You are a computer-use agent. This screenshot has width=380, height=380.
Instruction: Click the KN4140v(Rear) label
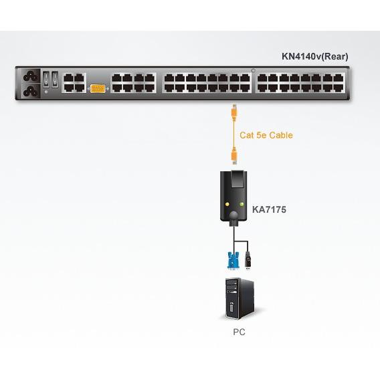315,56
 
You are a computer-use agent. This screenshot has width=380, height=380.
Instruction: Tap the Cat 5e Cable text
266,135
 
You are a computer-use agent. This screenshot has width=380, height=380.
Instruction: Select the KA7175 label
269,209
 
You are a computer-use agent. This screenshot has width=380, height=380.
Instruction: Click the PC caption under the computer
239,332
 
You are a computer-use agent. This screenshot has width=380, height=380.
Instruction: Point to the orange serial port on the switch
98,89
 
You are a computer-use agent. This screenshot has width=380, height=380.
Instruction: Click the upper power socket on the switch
31,76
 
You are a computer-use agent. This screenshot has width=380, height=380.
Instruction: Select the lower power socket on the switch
31,91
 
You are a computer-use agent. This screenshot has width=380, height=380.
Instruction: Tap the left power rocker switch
46,79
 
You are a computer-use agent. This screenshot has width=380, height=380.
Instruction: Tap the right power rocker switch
55,79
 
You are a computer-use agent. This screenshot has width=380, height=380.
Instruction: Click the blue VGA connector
233,260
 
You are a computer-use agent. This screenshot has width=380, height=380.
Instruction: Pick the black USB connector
248,261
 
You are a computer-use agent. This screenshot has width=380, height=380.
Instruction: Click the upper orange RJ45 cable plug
234,112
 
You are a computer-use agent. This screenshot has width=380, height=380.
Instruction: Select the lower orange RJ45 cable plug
234,156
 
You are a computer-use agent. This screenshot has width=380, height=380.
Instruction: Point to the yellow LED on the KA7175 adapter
227,204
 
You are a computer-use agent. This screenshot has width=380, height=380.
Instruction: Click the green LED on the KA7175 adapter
242,204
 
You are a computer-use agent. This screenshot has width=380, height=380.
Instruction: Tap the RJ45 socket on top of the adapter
237,179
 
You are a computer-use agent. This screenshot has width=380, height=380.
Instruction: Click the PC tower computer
240,298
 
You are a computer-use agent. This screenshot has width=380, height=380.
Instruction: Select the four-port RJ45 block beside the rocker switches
74,83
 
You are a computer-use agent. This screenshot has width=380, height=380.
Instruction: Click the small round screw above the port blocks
254,70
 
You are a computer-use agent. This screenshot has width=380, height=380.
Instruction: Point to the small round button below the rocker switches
46,92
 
